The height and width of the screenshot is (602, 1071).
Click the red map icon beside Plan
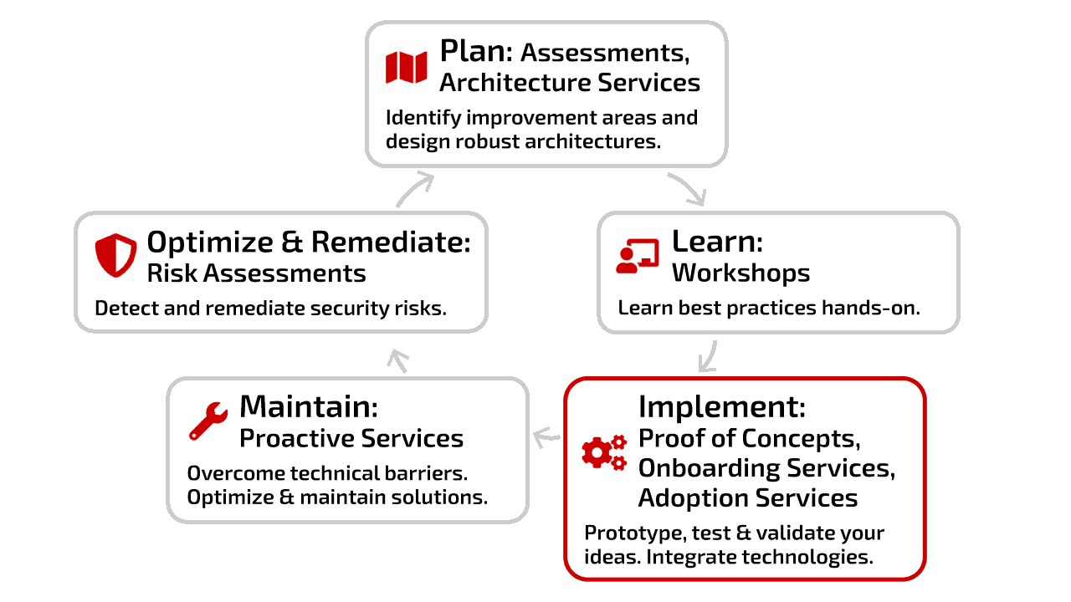[x=407, y=68]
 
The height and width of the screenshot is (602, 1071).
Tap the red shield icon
[x=115, y=255]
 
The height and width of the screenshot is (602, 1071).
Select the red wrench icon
[x=208, y=421]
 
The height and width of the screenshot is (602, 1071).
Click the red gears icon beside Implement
[x=604, y=452]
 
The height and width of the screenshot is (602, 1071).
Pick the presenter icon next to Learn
[x=638, y=256]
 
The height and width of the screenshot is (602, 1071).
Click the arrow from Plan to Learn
[x=689, y=188]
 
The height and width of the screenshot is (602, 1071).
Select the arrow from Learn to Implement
[x=709, y=356]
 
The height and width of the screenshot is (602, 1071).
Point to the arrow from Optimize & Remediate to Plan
[x=414, y=190]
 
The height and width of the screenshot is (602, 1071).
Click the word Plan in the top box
[x=476, y=51]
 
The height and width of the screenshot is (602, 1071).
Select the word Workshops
[x=740, y=273]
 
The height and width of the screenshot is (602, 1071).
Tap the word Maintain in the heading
[x=309, y=406]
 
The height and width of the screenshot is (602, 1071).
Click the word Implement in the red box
[x=722, y=407]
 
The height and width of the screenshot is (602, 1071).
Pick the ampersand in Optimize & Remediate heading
[x=292, y=242]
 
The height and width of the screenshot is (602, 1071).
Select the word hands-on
[x=871, y=308]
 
